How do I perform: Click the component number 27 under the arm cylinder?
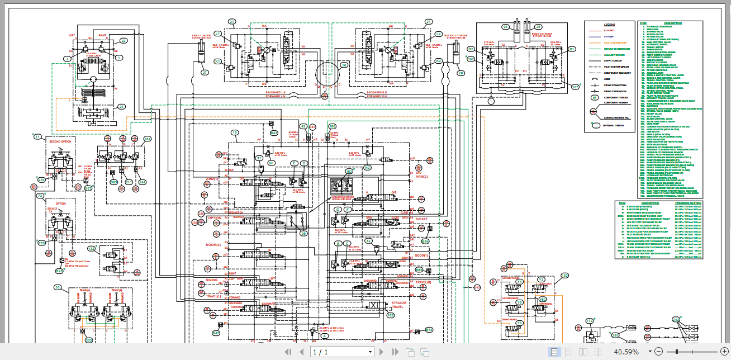point(205,73)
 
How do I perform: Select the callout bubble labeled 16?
point(344,65)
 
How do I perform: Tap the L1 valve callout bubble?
point(218,34)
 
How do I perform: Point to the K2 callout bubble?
point(439,61)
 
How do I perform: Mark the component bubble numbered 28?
point(461,73)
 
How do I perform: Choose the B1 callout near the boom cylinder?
point(571,49)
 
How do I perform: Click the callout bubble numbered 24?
point(122,107)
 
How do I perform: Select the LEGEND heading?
point(609,25)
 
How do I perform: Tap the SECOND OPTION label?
point(61,141)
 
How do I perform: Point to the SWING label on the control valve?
point(211,280)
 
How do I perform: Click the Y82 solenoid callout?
point(542,300)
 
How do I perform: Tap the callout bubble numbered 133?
point(564,276)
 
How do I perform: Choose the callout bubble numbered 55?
point(58,287)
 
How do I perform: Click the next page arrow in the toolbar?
point(382,352)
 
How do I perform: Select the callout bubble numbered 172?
point(589,321)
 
